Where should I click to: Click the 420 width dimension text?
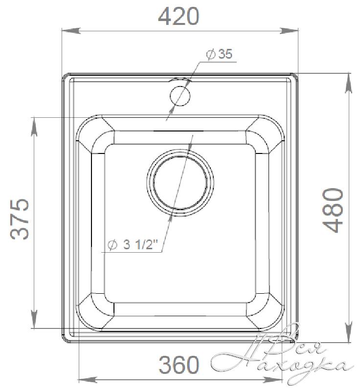point(179,16)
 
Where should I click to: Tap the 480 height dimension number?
point(333,211)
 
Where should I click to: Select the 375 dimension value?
point(20,219)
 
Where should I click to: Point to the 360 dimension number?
point(179,365)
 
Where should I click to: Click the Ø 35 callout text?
point(219,54)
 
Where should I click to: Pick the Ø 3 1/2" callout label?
point(133,245)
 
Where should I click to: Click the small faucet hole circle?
point(180,96)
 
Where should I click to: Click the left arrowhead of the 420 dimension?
point(70,31)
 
